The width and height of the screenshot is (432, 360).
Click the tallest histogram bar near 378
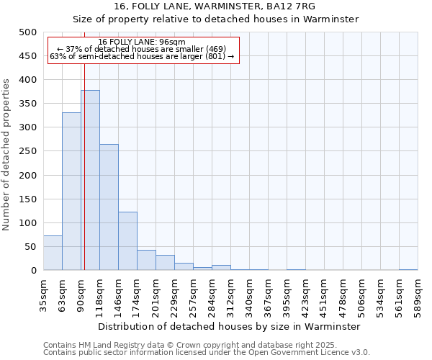click(90, 180)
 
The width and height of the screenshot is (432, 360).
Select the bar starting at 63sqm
click(71, 191)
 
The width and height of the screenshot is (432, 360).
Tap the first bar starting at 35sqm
click(53, 253)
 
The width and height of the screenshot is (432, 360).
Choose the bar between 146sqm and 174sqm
click(127, 241)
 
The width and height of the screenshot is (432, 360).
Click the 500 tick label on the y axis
click(28, 32)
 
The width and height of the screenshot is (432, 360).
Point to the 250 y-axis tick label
click(28, 175)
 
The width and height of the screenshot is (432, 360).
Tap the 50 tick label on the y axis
click(31, 247)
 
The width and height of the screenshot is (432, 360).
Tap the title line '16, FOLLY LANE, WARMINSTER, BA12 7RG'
click(215, 6)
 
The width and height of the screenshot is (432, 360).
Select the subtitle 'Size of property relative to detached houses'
click(215, 19)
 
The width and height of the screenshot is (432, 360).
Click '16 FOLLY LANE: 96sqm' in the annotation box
click(142, 42)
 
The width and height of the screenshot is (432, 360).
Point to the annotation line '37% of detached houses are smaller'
click(142, 49)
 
